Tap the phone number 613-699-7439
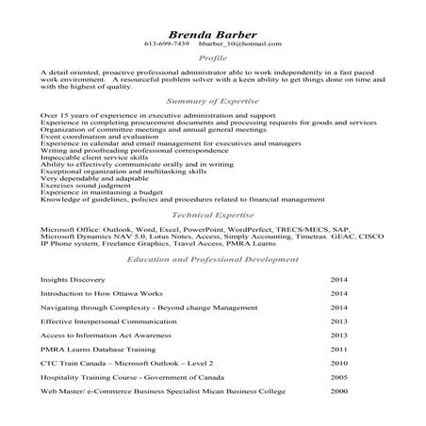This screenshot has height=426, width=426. click(x=167, y=44)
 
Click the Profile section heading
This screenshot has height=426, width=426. click(x=213, y=58)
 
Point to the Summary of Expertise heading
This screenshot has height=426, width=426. click(x=213, y=99)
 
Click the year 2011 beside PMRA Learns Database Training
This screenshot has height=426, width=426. click(x=339, y=349)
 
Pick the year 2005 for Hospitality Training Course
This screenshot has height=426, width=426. click(x=339, y=376)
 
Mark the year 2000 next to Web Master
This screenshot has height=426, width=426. click(x=339, y=390)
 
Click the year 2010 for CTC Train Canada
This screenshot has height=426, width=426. click(x=339, y=363)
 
